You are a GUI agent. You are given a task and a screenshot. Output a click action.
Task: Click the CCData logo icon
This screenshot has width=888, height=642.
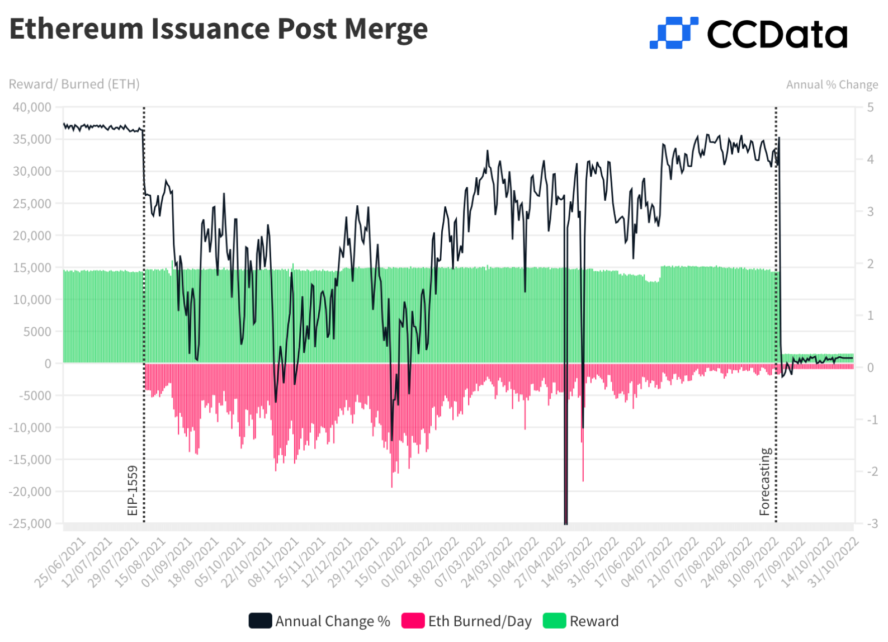click(673, 32)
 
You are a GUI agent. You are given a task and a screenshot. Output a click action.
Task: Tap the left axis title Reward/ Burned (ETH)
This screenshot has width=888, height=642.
click(74, 84)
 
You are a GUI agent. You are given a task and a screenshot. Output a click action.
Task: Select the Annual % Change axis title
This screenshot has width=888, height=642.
click(832, 84)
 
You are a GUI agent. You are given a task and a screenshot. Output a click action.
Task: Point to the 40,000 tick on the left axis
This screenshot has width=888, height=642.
click(32, 107)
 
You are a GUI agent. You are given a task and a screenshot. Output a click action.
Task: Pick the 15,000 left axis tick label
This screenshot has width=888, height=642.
click(32, 267)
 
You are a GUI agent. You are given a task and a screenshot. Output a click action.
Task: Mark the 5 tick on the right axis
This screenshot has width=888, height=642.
click(870, 107)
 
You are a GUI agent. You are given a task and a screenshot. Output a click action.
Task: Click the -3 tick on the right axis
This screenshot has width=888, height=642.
click(871, 523)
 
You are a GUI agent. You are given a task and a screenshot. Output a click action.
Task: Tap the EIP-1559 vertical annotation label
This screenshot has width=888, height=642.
click(133, 490)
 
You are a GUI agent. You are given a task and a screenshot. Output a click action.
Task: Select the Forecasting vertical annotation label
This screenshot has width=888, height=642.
click(765, 481)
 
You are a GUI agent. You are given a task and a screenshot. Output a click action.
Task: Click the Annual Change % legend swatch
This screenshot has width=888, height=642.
click(260, 621)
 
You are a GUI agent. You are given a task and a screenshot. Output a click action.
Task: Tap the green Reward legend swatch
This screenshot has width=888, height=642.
click(554, 621)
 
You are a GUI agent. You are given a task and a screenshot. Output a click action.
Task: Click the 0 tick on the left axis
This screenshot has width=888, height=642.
click(48, 364)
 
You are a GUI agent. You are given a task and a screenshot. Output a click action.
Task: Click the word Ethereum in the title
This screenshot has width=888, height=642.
click(77, 29)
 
